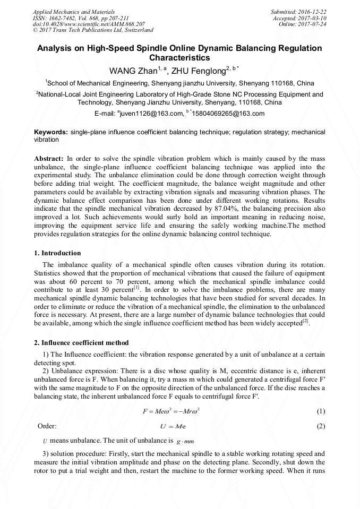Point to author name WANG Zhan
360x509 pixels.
130,71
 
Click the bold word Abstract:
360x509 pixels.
49,159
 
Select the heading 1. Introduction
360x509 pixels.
57,253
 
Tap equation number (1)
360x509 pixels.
321,411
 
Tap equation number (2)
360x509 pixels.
321,426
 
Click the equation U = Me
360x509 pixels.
173,426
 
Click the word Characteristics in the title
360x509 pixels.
179,58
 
